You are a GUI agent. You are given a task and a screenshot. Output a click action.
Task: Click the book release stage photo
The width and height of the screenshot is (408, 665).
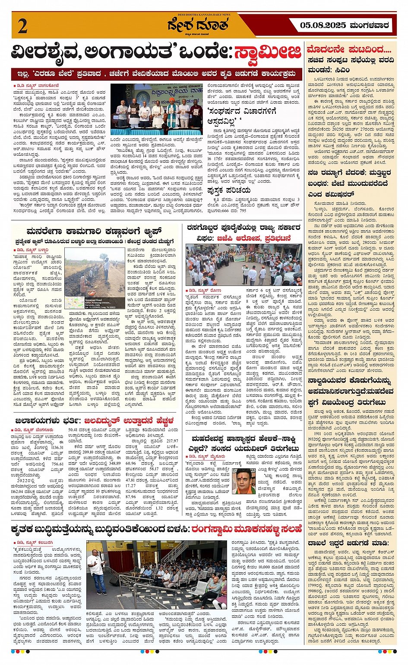tap(156, 110)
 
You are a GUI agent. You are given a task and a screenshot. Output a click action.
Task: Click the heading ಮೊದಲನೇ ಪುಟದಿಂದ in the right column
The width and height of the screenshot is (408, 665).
tap(349, 48)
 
